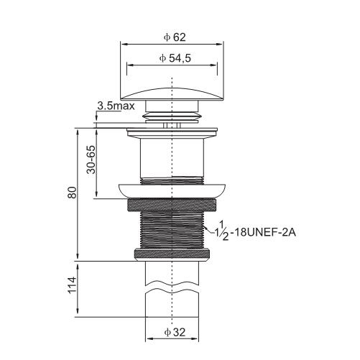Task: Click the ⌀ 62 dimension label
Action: tap(175, 37)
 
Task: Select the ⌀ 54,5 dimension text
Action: tap(175, 58)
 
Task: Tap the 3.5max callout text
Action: tap(116, 106)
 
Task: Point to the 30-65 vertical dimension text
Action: tap(91, 160)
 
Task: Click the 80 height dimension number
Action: tap(72, 193)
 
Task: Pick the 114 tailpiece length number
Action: tap(72, 285)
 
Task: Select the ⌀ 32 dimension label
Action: tap(175, 333)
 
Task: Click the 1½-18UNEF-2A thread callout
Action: tap(257, 231)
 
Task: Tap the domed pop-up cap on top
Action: tap(172, 94)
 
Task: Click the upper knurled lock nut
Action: tap(172, 205)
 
